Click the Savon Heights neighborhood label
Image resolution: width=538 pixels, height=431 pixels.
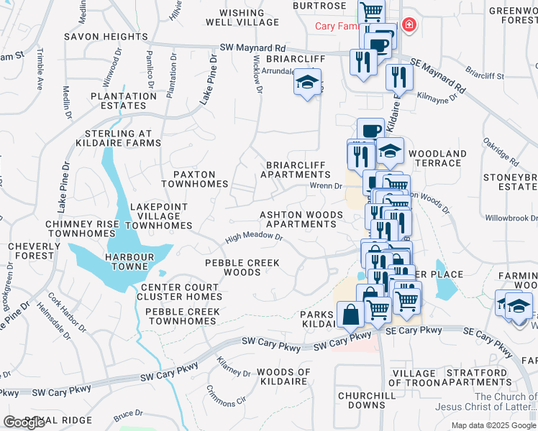coord(105,36)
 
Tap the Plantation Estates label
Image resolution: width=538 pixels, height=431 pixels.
coord(119,101)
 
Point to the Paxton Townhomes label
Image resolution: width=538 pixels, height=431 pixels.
coord(188,179)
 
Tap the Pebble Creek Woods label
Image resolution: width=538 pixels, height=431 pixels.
coord(242,268)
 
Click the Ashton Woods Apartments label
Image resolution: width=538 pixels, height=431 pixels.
coord(298,219)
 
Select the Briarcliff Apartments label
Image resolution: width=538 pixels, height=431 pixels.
coord(296,170)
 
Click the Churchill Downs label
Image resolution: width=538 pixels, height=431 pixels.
coord(367,400)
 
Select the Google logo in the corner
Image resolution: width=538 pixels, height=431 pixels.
coord(24,422)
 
